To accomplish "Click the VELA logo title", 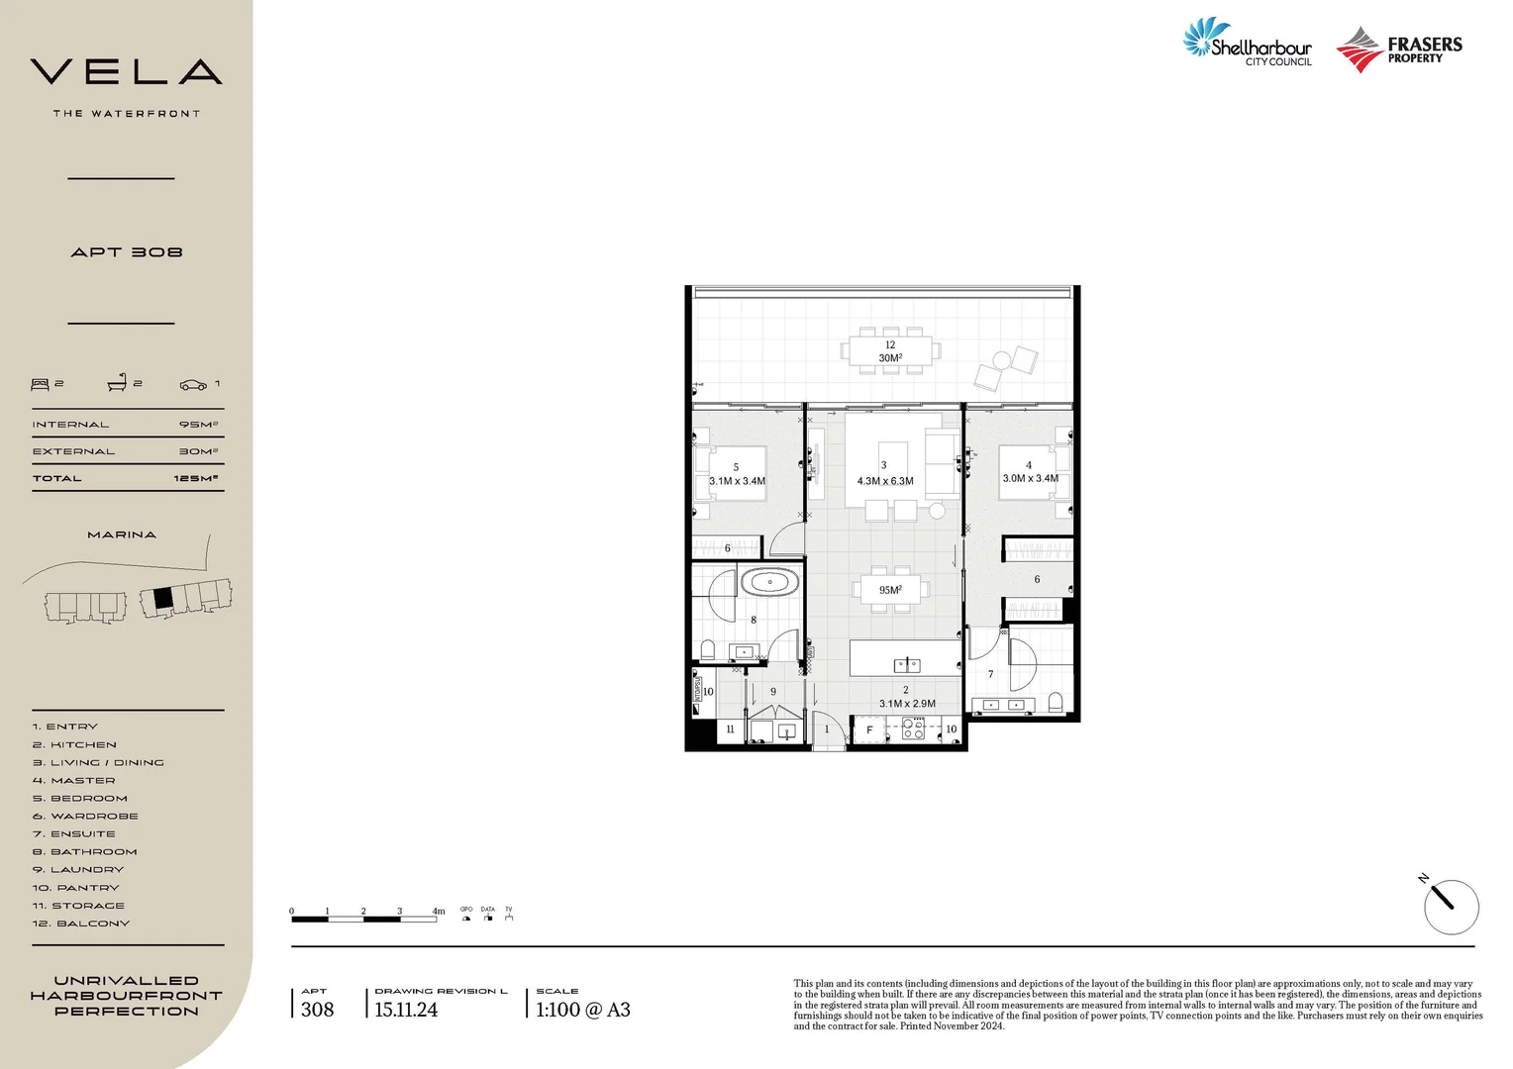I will pyautogui.click(x=126, y=72).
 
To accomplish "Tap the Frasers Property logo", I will pyautogui.click(x=1399, y=49).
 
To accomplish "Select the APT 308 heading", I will pyautogui.click(x=127, y=252).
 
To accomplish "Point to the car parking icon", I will pyautogui.click(x=193, y=384).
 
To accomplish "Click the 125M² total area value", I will pyautogui.click(x=195, y=478).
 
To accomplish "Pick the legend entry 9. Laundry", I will pyautogui.click(x=78, y=870).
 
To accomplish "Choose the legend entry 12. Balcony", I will pyautogui.click(x=80, y=923).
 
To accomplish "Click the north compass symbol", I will pyautogui.click(x=1451, y=906).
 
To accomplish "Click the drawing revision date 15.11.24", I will pyautogui.click(x=406, y=1010).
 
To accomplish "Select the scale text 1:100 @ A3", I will pyautogui.click(x=582, y=1010).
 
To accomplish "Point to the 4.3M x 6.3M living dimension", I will pyautogui.click(x=885, y=481).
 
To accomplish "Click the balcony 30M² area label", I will pyautogui.click(x=890, y=358).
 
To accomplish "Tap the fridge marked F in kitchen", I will pyautogui.click(x=869, y=730).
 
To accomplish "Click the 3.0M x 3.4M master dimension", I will pyautogui.click(x=1030, y=478).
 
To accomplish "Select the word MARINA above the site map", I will pyautogui.click(x=122, y=534).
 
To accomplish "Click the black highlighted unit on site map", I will pyautogui.click(x=163, y=598).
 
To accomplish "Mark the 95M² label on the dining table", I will pyautogui.click(x=890, y=590).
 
